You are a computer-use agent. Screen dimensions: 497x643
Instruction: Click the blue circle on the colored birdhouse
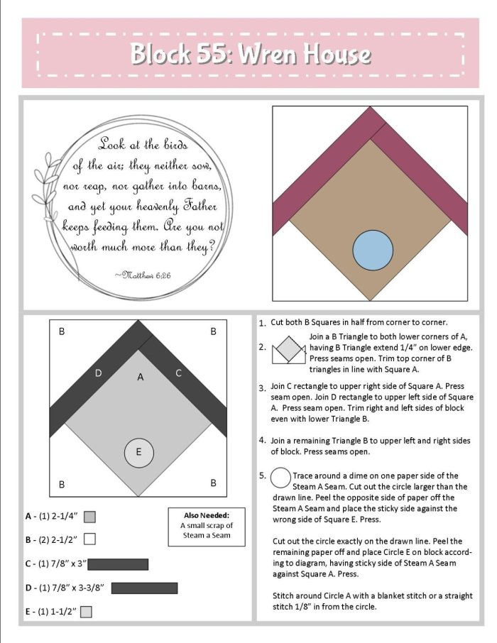pos(373,250)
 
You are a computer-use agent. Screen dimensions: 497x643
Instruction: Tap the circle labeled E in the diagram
pos(139,452)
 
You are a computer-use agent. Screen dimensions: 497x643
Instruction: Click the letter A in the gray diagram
pos(141,377)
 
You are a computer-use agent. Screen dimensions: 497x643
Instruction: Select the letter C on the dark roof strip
pos(178,373)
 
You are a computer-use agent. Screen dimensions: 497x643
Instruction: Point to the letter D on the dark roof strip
pos(98,373)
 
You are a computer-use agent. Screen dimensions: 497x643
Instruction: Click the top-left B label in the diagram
pos(62,331)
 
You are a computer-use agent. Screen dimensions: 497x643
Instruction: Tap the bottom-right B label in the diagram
pos(214,483)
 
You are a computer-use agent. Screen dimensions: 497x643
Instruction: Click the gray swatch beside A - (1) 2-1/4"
pos(89,517)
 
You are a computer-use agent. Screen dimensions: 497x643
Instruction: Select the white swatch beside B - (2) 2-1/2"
pos(89,539)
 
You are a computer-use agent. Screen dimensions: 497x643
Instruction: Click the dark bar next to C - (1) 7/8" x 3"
pos(118,564)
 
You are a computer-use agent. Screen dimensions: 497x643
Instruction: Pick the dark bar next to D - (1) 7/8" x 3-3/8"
pos(144,588)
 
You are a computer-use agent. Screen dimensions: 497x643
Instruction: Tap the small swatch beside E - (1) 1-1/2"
pos(86,612)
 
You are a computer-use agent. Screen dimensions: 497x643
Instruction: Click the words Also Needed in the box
pos(207,515)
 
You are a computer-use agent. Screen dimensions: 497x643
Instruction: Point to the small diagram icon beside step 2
pos(289,350)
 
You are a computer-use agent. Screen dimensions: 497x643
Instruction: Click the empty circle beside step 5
pos(280,478)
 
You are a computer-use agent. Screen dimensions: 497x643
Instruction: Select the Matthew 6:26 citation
pos(143,275)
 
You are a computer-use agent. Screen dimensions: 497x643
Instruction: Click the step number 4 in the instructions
pos(262,441)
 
